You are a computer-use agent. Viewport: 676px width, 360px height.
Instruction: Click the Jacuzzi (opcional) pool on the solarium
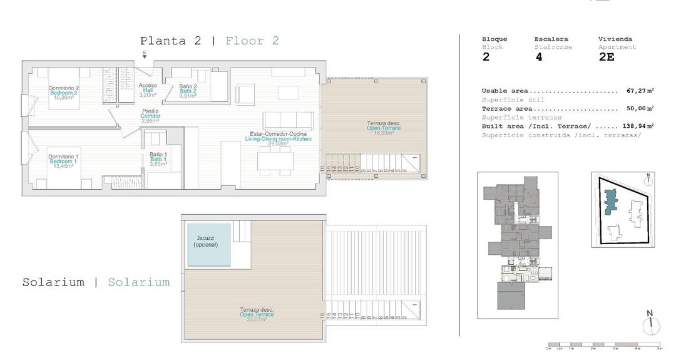209,245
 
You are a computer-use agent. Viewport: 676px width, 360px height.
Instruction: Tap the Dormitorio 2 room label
63,88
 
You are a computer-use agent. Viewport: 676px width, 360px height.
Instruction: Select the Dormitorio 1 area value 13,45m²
63,166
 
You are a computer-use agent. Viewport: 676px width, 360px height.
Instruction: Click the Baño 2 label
188,86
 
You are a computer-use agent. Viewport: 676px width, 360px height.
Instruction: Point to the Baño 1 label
158,155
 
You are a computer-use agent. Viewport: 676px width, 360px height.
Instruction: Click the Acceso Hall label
148,86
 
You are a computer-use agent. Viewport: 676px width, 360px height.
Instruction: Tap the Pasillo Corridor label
150,111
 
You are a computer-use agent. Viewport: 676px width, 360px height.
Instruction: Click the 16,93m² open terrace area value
383,133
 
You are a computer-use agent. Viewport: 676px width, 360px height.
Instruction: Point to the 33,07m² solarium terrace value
257,319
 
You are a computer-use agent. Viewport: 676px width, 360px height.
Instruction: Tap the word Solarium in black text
53,282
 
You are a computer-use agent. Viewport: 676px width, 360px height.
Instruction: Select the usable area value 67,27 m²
640,91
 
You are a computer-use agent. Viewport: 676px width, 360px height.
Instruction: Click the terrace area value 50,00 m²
640,108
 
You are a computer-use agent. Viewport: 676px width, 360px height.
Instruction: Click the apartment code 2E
607,57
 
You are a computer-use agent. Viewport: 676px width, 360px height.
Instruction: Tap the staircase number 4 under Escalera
539,57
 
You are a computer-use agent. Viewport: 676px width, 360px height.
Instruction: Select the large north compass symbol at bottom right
650,324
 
